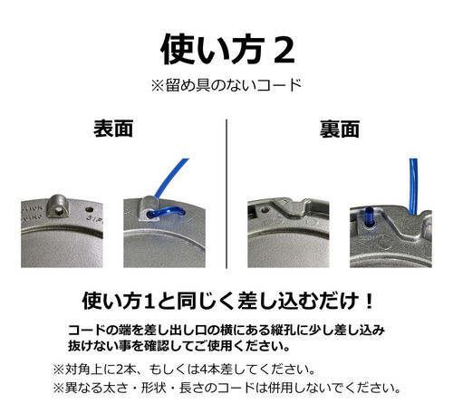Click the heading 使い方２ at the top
227,49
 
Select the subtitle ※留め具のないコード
226,85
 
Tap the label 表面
113,129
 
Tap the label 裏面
340,129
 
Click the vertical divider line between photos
226,194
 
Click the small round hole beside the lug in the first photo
90,209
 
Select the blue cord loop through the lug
166,212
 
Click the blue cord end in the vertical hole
370,217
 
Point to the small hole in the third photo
265,209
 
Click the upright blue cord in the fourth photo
413,187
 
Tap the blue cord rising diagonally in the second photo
171,178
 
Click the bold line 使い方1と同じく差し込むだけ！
228,301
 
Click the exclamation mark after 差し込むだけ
368,301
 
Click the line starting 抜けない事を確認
178,346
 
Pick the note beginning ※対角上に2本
184,370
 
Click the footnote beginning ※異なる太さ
226,388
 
